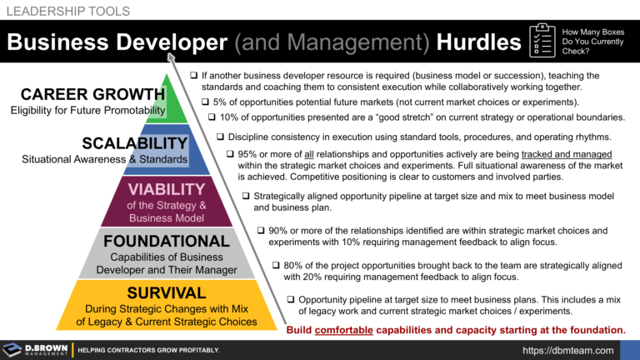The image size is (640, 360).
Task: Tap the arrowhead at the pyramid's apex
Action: point(172,57)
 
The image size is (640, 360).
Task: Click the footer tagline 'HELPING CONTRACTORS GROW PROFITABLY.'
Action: point(148,350)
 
